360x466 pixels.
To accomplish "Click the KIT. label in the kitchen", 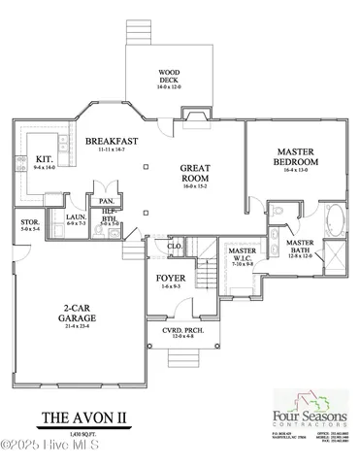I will tap(45, 159).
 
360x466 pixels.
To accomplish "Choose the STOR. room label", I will tap(30, 223).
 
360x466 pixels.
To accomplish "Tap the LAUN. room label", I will tap(76, 217).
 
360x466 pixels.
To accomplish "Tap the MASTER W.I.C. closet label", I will tap(243, 254).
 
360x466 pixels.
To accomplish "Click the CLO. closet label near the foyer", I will tap(176, 247).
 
